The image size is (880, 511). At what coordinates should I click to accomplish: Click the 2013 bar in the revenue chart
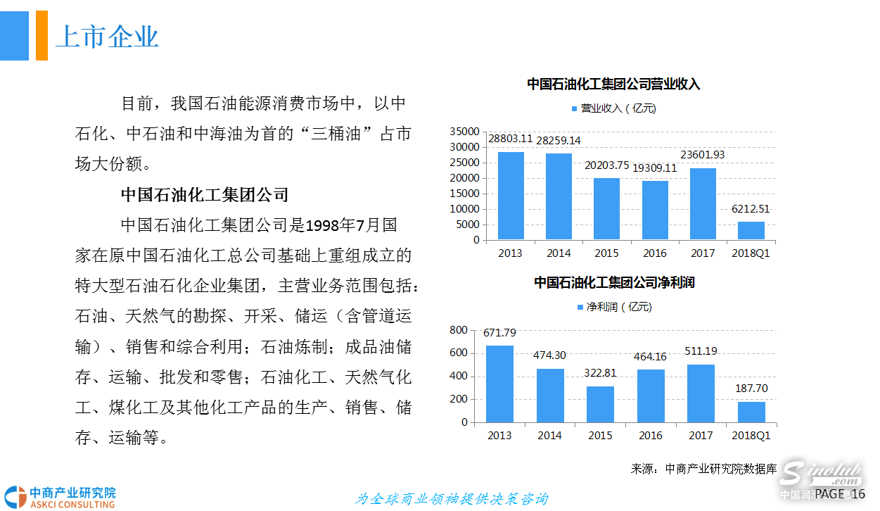pyautogui.click(x=511, y=196)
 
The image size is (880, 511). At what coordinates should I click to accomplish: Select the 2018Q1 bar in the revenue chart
pyautogui.click(x=751, y=231)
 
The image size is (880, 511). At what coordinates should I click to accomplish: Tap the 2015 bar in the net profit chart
pyautogui.click(x=600, y=404)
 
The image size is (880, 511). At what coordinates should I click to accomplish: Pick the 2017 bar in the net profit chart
pyautogui.click(x=701, y=393)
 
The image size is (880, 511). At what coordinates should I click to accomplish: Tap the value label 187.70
pyautogui.click(x=752, y=388)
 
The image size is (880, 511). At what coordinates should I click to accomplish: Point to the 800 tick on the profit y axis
pyautogui.click(x=458, y=330)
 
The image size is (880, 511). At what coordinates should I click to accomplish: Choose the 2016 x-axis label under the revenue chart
pyautogui.click(x=654, y=253)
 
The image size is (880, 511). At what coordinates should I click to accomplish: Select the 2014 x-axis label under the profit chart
pyautogui.click(x=549, y=436)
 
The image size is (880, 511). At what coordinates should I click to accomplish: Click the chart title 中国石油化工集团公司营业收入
pyautogui.click(x=613, y=84)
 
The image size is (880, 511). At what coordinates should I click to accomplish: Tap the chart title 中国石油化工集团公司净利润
pyautogui.click(x=614, y=283)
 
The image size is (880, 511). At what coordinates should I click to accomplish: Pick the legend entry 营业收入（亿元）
pyautogui.click(x=613, y=108)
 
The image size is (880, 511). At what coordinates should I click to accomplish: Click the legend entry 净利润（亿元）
pyautogui.click(x=614, y=307)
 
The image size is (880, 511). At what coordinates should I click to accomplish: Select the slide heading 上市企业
pyautogui.click(x=107, y=37)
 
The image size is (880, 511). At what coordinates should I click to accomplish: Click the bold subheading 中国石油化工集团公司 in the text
pyautogui.click(x=205, y=194)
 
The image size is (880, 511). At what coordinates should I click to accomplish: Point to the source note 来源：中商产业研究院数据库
pyautogui.click(x=703, y=469)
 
